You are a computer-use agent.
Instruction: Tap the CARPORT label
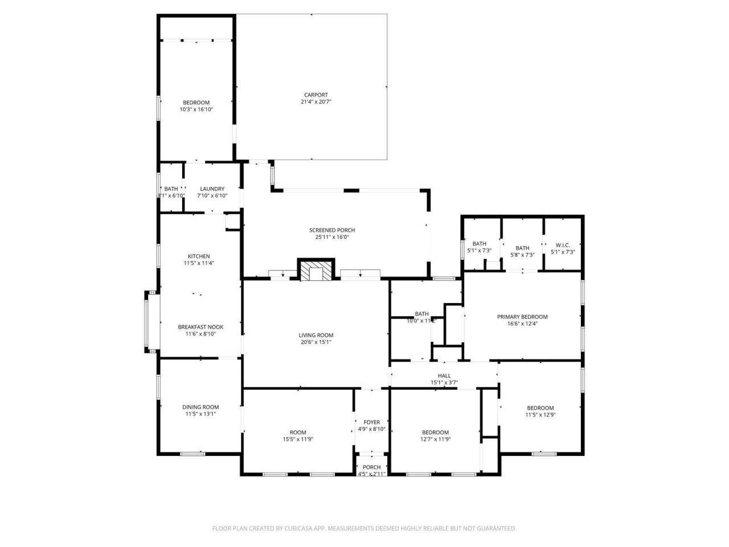click(316, 95)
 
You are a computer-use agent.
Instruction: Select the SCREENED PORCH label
click(332, 230)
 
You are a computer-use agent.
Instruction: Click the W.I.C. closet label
click(563, 245)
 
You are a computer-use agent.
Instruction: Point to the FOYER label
click(371, 422)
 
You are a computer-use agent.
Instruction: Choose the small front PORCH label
click(371, 467)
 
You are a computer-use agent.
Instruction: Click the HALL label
click(444, 376)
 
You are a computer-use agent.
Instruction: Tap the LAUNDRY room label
click(212, 189)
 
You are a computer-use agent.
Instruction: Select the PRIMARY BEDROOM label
click(522, 317)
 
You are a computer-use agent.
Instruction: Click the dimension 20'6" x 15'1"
click(316, 342)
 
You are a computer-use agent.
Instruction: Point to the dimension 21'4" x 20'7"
click(316, 102)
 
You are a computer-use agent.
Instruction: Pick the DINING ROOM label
click(200, 407)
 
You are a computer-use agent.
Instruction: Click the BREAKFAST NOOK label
click(200, 327)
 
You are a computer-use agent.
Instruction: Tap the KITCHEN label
click(199, 256)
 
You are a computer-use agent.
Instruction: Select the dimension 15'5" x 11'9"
click(298, 439)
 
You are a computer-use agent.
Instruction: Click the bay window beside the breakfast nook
click(147, 323)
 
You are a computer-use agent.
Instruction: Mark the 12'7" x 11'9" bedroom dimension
click(435, 439)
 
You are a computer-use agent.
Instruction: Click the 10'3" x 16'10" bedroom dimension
click(196, 109)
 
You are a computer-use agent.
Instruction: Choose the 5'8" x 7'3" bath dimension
click(522, 255)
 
